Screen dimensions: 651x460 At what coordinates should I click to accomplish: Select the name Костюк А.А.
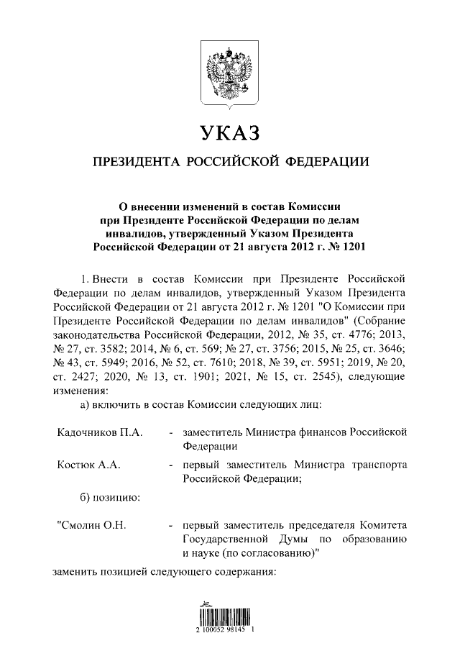click(88, 465)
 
